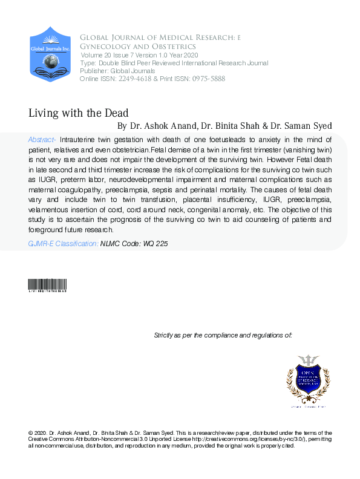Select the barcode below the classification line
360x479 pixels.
tap(47, 287)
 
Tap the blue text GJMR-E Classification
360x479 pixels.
tap(63, 244)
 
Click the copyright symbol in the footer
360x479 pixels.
tap(31, 432)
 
